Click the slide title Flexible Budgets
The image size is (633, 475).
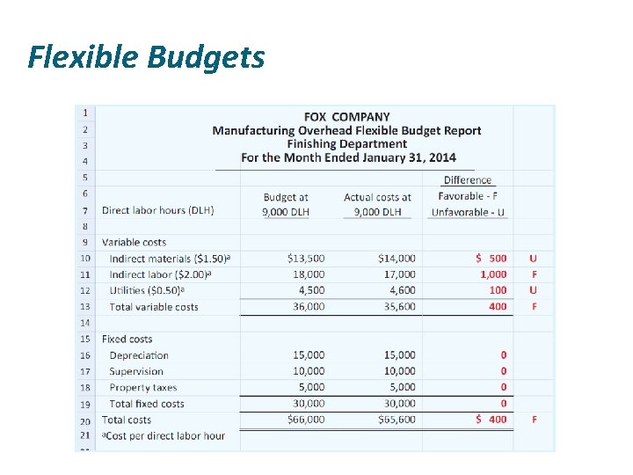coord(146,57)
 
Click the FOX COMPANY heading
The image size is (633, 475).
coord(346,116)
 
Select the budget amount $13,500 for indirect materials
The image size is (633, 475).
coord(306,259)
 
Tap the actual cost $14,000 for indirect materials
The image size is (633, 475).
coord(397,259)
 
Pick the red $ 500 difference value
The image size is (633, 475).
coord(491,259)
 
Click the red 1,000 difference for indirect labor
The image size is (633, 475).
coord(493,274)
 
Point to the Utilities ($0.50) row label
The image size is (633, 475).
coord(146,290)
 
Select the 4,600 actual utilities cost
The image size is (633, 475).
coord(400,290)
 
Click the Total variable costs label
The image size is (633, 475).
coord(154,307)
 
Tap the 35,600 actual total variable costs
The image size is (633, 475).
coord(397,307)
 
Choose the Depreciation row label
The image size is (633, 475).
coord(139,355)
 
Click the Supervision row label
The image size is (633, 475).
coord(136,371)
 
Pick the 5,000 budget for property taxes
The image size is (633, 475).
coord(310,387)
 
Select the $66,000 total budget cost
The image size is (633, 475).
coord(306,420)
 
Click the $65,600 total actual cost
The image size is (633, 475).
coord(397,420)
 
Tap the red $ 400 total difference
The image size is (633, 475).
coord(491,420)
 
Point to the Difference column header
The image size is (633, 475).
coord(468,180)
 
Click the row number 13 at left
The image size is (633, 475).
coord(85,306)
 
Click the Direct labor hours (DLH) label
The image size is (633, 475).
coord(158,210)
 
